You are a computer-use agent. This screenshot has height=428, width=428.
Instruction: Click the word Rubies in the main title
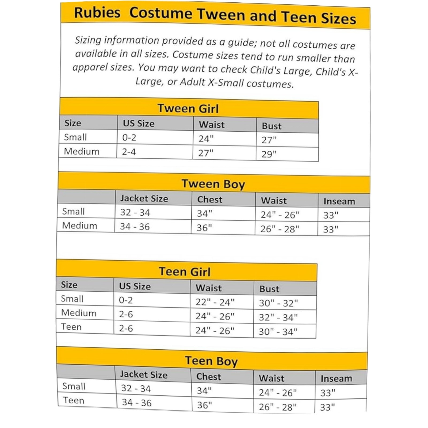point(97,13)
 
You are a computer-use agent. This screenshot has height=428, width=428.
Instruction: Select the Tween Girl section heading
point(188,109)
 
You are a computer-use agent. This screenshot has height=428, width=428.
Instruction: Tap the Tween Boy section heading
point(213,184)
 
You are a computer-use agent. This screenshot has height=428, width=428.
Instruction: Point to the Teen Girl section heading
point(185,272)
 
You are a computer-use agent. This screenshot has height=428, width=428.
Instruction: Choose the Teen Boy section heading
point(211,361)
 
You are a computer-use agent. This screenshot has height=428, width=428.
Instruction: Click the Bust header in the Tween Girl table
point(272,126)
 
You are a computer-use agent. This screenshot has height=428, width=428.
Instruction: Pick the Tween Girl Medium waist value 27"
point(206,153)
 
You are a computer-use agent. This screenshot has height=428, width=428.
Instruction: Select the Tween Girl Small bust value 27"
point(269,140)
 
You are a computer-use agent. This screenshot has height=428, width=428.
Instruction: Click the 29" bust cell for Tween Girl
point(269,154)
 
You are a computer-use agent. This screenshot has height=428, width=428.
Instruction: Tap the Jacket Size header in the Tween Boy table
point(144,198)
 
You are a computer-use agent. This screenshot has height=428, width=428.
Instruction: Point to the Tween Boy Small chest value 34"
point(204,213)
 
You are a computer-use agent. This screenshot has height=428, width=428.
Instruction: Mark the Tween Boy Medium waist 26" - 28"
point(280,229)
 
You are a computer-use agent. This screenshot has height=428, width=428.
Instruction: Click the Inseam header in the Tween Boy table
point(339,201)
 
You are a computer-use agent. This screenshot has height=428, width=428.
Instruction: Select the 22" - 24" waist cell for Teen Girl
point(215,302)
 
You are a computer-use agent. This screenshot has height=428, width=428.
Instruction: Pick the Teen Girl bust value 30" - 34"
point(278,332)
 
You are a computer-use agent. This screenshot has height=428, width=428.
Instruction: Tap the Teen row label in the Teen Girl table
point(71,327)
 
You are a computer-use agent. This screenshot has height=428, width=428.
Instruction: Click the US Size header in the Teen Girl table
point(135,286)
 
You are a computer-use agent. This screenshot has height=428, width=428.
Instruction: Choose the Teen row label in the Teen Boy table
point(74,400)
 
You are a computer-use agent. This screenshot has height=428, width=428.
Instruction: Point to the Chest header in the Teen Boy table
point(209,377)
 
